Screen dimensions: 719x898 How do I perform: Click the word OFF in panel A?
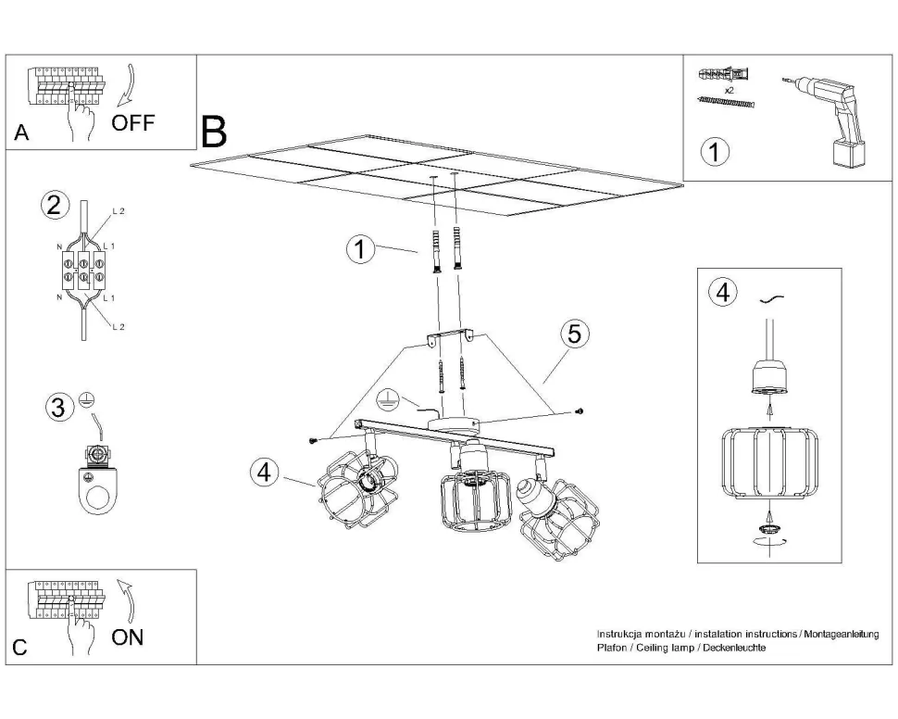point(134,122)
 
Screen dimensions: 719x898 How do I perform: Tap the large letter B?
point(214,132)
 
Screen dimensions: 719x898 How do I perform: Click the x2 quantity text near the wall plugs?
point(730,90)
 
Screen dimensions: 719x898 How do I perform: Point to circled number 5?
point(574,334)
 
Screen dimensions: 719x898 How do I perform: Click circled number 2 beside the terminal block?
point(55,205)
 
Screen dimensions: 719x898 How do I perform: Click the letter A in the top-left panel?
point(21,133)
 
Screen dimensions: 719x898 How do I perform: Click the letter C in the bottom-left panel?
point(20,648)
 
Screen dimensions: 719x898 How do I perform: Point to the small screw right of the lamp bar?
point(579,410)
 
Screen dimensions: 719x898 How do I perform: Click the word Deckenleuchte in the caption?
point(733,648)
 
